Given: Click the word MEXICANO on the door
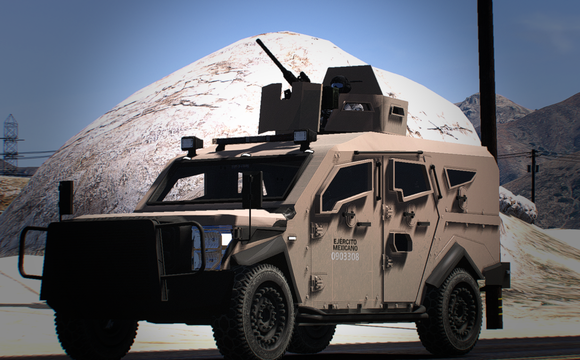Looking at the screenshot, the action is [x=345, y=248].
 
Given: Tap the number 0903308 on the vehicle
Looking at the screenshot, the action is [x=345, y=256].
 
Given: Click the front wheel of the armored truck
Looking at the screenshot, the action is [x=255, y=312].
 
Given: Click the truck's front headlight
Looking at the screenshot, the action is [x=211, y=247].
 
